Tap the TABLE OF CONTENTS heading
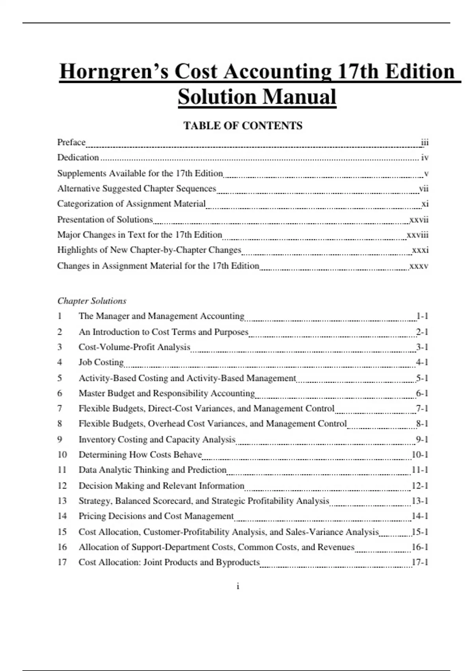(x=243, y=126)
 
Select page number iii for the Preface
(x=425, y=142)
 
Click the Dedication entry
(x=78, y=157)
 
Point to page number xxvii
(x=419, y=219)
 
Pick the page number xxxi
(x=420, y=250)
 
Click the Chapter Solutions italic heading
(x=92, y=301)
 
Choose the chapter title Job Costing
(x=101, y=362)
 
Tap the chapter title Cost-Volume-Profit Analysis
(x=134, y=347)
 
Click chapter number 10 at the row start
(x=62, y=455)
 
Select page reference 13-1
(x=420, y=501)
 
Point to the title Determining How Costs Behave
(x=140, y=455)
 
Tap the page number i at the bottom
(x=238, y=586)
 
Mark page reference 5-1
(x=422, y=378)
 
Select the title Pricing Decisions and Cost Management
(x=156, y=516)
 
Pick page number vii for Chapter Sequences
(x=424, y=188)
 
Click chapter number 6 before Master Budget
(x=60, y=393)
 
